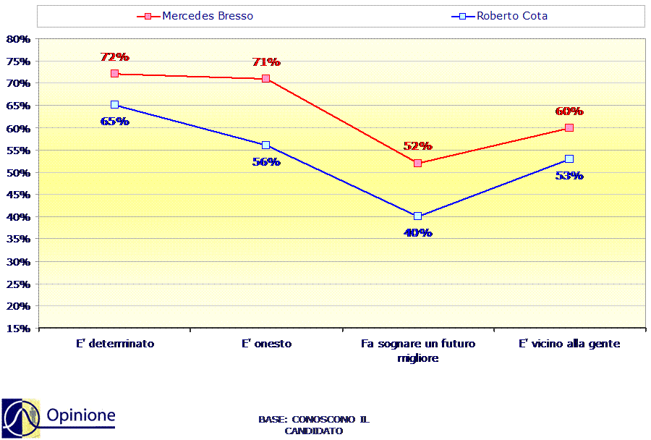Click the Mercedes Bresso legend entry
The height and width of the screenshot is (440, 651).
point(195,16)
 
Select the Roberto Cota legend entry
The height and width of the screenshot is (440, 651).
point(499,16)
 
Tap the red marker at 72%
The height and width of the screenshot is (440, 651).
point(114,74)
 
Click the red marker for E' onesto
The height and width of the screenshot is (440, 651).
point(266,79)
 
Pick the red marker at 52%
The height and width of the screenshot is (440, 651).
point(417,163)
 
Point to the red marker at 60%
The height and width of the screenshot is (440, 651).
point(569,127)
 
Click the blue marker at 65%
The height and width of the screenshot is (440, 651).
point(114,105)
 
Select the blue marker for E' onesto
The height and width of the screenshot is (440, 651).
point(266,145)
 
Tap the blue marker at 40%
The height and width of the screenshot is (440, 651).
point(417,216)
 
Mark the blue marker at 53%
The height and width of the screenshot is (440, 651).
point(569,158)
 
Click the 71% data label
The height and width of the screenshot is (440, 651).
point(266,62)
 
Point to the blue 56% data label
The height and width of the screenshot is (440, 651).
point(266,161)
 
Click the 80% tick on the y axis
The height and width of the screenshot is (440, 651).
point(18,39)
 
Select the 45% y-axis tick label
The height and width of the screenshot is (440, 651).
point(18,195)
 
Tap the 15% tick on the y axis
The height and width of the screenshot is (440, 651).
point(18,329)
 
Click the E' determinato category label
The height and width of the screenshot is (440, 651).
point(115,344)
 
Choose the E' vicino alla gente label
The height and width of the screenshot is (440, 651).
point(569,344)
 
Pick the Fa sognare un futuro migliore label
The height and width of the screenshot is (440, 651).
point(418,351)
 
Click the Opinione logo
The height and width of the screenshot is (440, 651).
point(59,418)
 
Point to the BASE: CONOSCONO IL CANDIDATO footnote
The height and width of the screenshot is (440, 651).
point(314,425)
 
